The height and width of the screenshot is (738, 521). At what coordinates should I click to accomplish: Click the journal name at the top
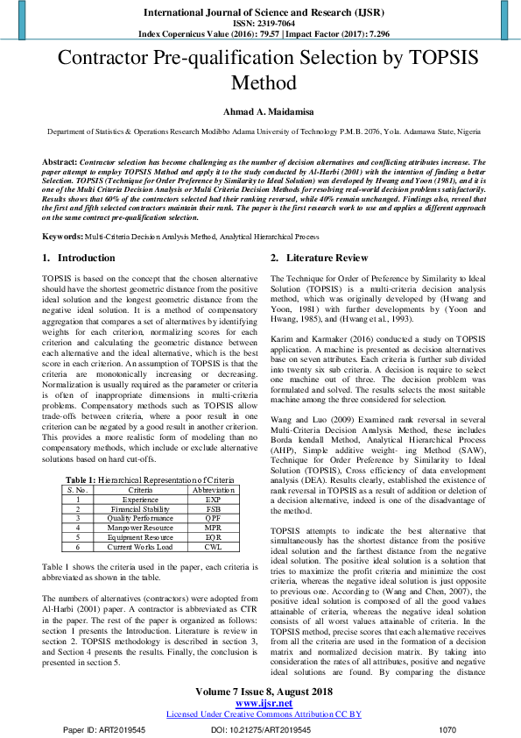(260, 12)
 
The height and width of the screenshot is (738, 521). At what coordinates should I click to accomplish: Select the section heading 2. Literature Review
(319, 259)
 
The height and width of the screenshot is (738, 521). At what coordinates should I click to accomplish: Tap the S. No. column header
(78, 490)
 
